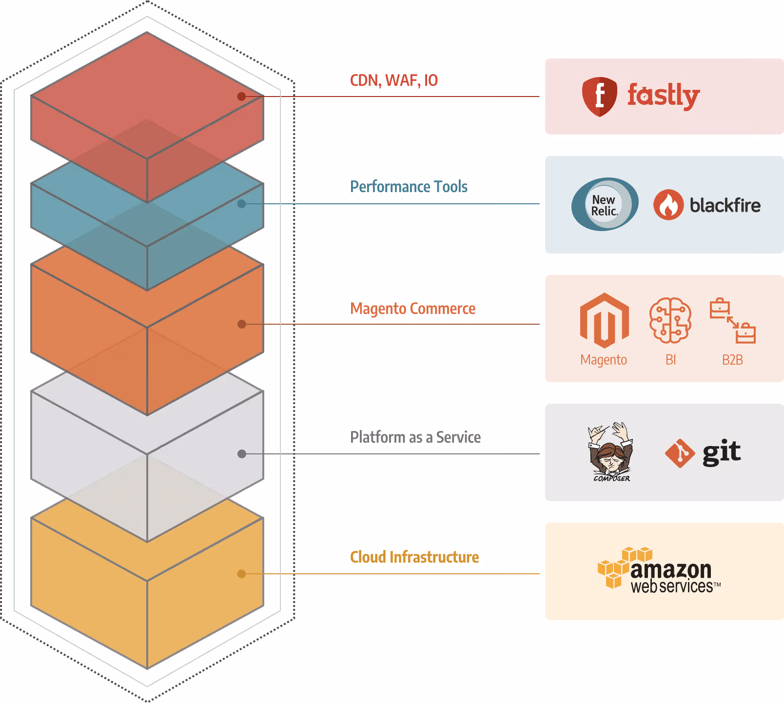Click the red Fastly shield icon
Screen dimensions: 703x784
pyautogui.click(x=599, y=97)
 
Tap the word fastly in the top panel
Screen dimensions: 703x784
pyautogui.click(x=664, y=96)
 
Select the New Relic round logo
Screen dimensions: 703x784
pyautogui.click(x=605, y=204)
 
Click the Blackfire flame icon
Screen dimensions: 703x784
pyautogui.click(x=668, y=205)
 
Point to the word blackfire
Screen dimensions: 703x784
pyautogui.click(x=725, y=205)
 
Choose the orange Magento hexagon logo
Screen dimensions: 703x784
pyautogui.click(x=604, y=320)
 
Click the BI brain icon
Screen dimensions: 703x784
pyautogui.click(x=670, y=320)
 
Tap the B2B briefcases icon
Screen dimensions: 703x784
pyautogui.click(x=732, y=321)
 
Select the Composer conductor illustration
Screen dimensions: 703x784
pyautogui.click(x=610, y=451)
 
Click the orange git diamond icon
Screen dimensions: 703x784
pyautogui.click(x=680, y=453)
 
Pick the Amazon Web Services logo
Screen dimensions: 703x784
pyautogui.click(x=659, y=570)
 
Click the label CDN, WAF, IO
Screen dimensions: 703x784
pyautogui.click(x=394, y=80)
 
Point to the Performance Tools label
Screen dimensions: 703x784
pyautogui.click(x=409, y=187)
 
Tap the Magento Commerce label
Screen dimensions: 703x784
pyautogui.click(x=412, y=309)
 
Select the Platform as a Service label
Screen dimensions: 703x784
pyautogui.click(x=415, y=437)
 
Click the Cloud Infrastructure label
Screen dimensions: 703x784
pyautogui.click(x=414, y=557)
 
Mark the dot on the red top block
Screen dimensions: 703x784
pyautogui.click(x=241, y=97)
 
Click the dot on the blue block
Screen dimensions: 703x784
pyautogui.click(x=241, y=204)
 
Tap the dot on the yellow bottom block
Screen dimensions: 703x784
pyautogui.click(x=241, y=574)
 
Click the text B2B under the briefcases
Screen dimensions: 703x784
pyautogui.click(x=732, y=360)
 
